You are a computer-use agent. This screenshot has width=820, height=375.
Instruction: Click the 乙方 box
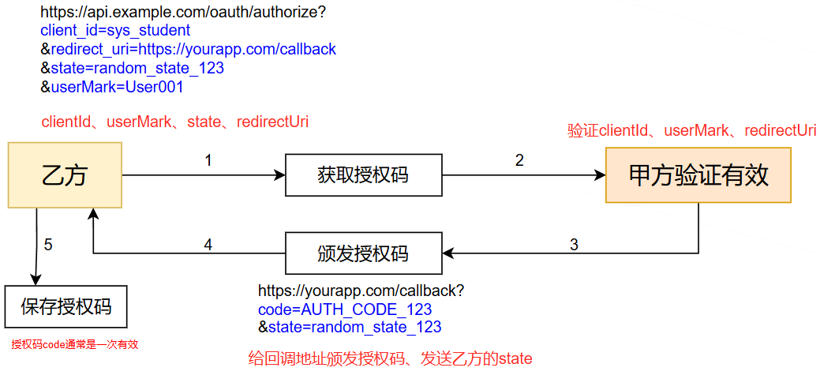(64, 174)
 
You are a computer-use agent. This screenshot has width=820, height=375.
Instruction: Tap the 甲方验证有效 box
(698, 174)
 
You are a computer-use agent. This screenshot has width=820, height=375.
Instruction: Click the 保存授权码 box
(66, 306)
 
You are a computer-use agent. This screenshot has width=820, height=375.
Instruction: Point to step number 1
(208, 160)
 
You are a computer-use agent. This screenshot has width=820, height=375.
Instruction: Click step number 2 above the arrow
(519, 160)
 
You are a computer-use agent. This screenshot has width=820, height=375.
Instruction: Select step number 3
(574, 245)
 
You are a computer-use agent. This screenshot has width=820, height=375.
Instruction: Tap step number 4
(208, 245)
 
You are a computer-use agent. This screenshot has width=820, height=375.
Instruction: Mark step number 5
(48, 245)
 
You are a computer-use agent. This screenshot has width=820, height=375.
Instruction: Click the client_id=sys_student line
(115, 31)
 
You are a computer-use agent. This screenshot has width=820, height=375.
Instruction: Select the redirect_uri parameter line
(188, 50)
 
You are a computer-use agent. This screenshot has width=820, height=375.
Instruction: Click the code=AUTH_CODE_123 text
(345, 309)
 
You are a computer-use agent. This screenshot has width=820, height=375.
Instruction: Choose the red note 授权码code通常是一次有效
(75, 344)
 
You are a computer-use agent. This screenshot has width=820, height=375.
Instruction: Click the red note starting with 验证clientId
(691, 131)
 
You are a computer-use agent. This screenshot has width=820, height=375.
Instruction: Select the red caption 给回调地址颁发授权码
(390, 359)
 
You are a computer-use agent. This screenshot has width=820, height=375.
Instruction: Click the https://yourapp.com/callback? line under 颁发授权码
(361, 291)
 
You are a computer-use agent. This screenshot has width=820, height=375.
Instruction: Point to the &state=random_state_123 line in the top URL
(132, 69)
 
